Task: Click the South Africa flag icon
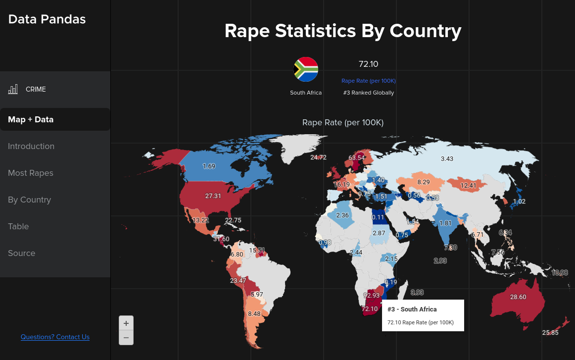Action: [306, 69]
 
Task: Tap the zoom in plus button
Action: [126, 323]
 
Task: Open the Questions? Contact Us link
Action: [55, 337]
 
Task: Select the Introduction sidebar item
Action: [31, 146]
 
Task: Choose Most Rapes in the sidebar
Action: [31, 173]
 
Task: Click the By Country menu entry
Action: [29, 200]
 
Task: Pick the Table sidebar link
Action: [18, 226]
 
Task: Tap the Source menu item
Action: [22, 253]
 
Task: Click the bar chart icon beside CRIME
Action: [13, 90]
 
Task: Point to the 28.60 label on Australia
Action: [518, 297]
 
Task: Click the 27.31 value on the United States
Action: [213, 196]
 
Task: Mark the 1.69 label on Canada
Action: [209, 166]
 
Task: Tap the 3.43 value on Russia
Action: [447, 159]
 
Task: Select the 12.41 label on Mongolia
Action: [468, 186]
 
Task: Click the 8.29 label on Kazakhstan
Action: [423, 182]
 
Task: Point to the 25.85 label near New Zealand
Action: [550, 333]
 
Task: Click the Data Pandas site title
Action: [47, 19]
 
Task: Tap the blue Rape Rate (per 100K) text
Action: [369, 81]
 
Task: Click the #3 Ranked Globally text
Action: [369, 93]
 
